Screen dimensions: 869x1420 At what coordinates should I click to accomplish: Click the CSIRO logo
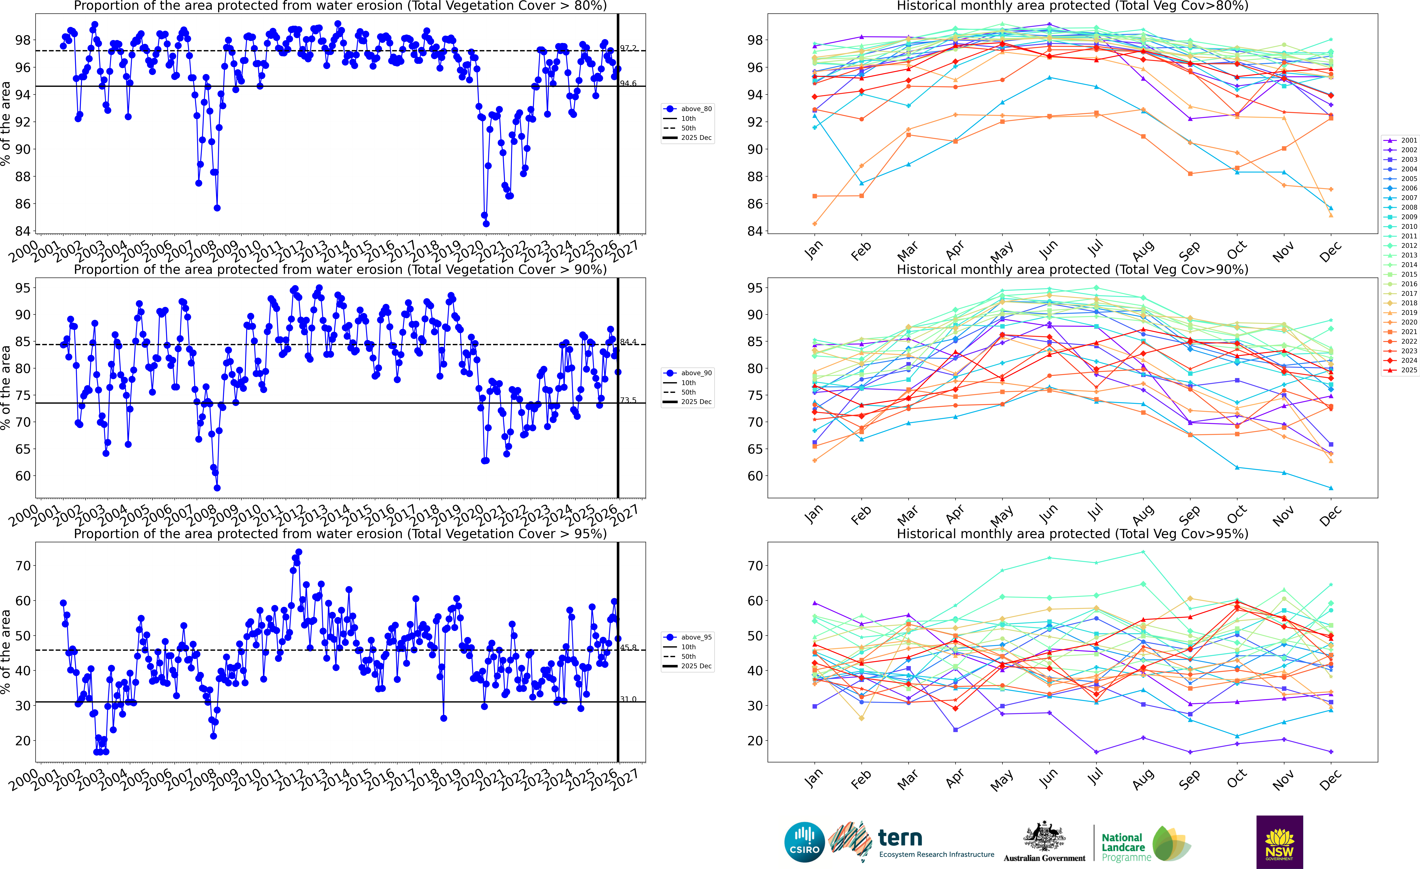804,842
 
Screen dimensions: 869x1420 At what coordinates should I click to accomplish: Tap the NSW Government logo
1279,842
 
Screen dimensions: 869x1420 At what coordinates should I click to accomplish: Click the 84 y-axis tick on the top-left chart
23,231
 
